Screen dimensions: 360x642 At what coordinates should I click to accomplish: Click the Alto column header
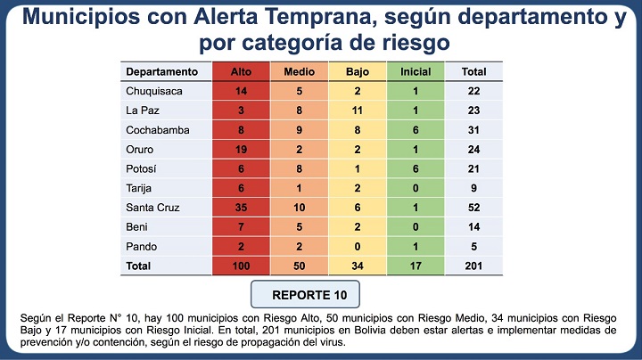(241, 71)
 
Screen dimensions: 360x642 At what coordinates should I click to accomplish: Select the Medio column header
(299, 71)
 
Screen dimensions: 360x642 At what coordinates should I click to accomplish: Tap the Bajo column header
(357, 71)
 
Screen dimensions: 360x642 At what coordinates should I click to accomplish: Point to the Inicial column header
(415, 71)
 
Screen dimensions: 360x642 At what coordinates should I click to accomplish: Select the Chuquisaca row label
(152, 91)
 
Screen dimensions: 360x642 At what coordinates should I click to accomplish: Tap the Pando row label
(141, 246)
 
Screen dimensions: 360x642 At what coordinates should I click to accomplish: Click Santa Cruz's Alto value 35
(241, 207)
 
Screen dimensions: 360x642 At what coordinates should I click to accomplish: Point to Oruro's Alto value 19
(241, 149)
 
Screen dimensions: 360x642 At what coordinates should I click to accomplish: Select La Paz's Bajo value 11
(357, 110)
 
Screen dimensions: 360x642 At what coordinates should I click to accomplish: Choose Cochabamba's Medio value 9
(299, 129)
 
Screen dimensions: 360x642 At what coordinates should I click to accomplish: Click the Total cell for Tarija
(473, 188)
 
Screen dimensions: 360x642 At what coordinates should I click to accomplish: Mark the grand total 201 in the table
(473, 266)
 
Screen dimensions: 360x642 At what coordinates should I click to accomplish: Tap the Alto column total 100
(241, 266)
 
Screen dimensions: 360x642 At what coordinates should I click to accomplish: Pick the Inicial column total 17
(415, 266)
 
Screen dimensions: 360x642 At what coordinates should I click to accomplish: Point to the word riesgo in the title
(406, 42)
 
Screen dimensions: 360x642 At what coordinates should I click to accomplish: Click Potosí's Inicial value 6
(415, 168)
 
